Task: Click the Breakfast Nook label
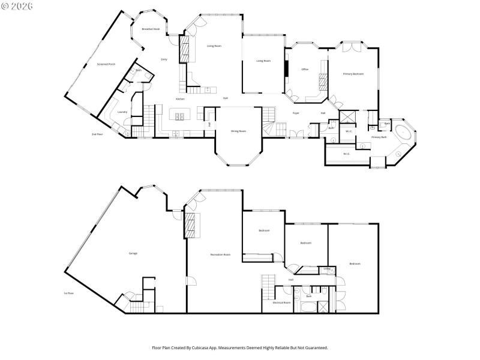coord(151,29)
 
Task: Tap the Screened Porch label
coord(106,64)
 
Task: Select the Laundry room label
coord(122,112)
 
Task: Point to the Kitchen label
coord(180,98)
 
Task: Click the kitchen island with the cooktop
coord(179,113)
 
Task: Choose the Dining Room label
coord(239,130)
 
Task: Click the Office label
coord(305,70)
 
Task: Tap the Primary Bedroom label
coord(353,74)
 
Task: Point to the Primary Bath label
coord(379,137)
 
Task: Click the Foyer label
coord(296,113)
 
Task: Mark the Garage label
coord(133,253)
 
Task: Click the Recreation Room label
coord(220,255)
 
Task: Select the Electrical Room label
coord(281,303)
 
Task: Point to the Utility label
coord(327,269)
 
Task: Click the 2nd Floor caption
coord(97,134)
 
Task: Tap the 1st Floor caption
coord(68,293)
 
